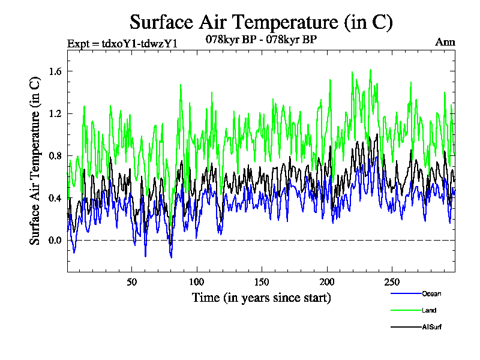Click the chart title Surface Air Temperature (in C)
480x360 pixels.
coord(261,22)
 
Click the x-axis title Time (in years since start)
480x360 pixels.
coord(261,297)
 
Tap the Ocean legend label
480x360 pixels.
coord(431,293)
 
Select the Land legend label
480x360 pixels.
coord(428,310)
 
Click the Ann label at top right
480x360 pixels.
coord(445,42)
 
